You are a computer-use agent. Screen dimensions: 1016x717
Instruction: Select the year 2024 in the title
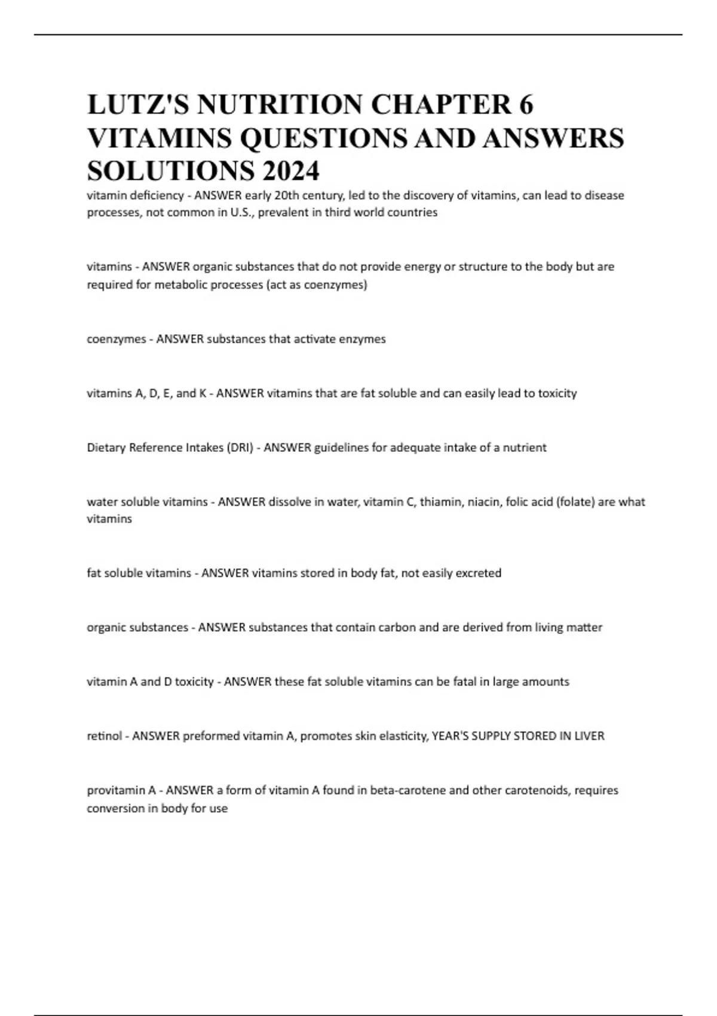(290, 172)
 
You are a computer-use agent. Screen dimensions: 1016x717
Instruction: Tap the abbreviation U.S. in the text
(241, 212)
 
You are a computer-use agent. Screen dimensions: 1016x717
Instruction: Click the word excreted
(478, 573)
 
